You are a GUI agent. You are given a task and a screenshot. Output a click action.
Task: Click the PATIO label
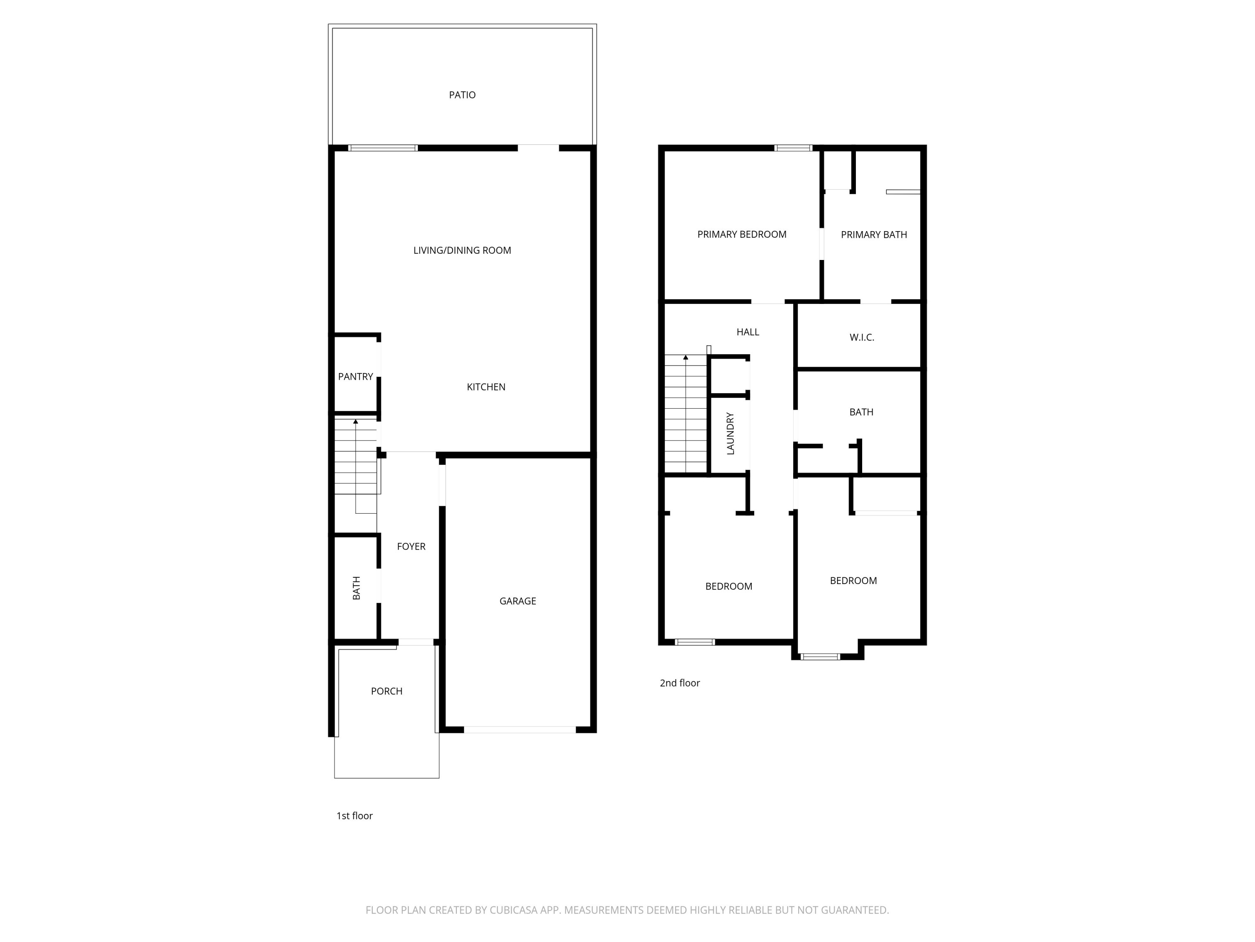pos(462,95)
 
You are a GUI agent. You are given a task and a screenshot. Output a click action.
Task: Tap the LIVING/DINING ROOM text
pos(462,250)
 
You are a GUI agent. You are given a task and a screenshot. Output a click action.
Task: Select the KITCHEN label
pos(486,387)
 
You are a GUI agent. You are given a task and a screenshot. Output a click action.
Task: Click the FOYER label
pos(411,547)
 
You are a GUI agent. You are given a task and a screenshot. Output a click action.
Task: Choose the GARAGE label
pos(517,601)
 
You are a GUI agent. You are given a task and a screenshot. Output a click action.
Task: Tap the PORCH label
pos(387,692)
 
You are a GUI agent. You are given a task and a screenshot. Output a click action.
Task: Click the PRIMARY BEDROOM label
pos(742,234)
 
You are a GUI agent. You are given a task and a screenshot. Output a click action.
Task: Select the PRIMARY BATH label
pos(874,235)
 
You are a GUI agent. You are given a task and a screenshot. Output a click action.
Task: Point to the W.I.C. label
pos(861,338)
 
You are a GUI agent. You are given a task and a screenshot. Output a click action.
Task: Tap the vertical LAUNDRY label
pos(730,434)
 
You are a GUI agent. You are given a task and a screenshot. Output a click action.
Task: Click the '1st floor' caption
pos(354,816)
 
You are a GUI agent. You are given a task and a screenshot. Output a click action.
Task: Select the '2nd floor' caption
pos(679,683)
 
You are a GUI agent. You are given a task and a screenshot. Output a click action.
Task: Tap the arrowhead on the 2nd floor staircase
pos(685,358)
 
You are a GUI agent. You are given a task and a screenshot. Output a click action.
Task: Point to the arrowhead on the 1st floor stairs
pos(356,421)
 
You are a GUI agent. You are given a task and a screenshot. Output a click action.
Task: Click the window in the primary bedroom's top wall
pos(793,148)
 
